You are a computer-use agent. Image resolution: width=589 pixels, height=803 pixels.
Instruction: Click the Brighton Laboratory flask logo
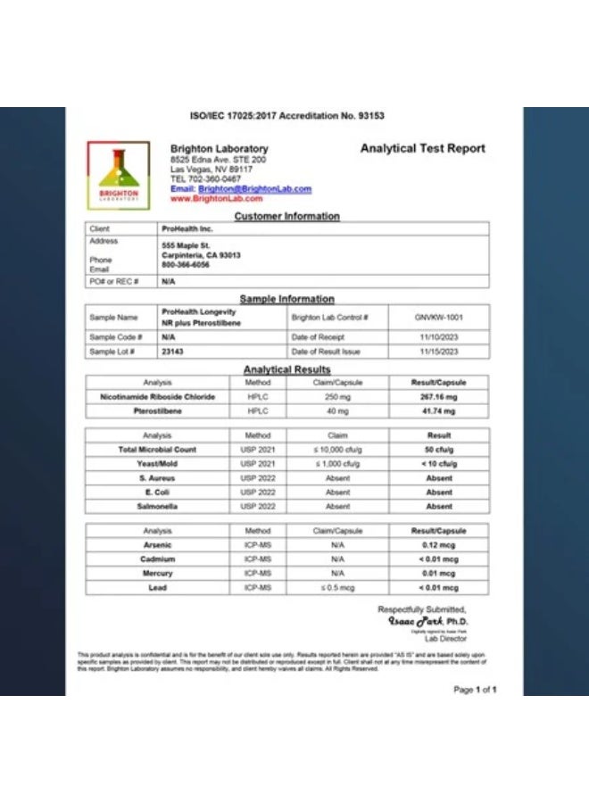pos(119,174)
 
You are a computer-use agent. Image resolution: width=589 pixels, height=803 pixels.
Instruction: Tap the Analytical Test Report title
pos(422,148)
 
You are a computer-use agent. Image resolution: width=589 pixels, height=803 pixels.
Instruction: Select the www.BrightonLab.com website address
pos(216,199)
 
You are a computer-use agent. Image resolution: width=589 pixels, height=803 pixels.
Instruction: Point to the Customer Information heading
pos(286,216)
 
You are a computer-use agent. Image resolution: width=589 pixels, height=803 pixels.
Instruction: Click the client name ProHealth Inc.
pos(187,229)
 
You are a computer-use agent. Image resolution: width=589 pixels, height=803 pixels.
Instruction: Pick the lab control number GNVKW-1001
pos(439,317)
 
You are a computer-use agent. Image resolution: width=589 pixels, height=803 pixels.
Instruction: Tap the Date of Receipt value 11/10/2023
pos(439,337)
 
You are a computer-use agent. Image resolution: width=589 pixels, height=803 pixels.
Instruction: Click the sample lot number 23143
pos(172,352)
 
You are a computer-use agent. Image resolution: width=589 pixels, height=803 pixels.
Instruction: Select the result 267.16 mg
pos(439,397)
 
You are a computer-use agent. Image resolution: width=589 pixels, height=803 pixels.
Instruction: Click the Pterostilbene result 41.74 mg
pos(439,411)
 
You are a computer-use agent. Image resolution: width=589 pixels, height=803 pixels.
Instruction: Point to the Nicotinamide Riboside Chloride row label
pos(157,397)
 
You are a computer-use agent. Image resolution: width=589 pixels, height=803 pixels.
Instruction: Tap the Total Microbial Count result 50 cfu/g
pos(439,450)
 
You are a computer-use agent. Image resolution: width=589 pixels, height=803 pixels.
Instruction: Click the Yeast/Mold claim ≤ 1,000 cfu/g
pos(337,464)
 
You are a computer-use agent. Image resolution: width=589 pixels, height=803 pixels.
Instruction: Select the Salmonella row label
pos(157,507)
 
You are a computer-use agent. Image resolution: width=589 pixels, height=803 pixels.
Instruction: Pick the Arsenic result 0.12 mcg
pos(439,545)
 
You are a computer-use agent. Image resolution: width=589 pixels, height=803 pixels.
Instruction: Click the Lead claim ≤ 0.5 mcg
pos(337,588)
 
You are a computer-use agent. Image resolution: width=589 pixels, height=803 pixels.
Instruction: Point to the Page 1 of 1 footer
pos(475,690)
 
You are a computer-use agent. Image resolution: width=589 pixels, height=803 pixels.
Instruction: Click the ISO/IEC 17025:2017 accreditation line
pos(287,116)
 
